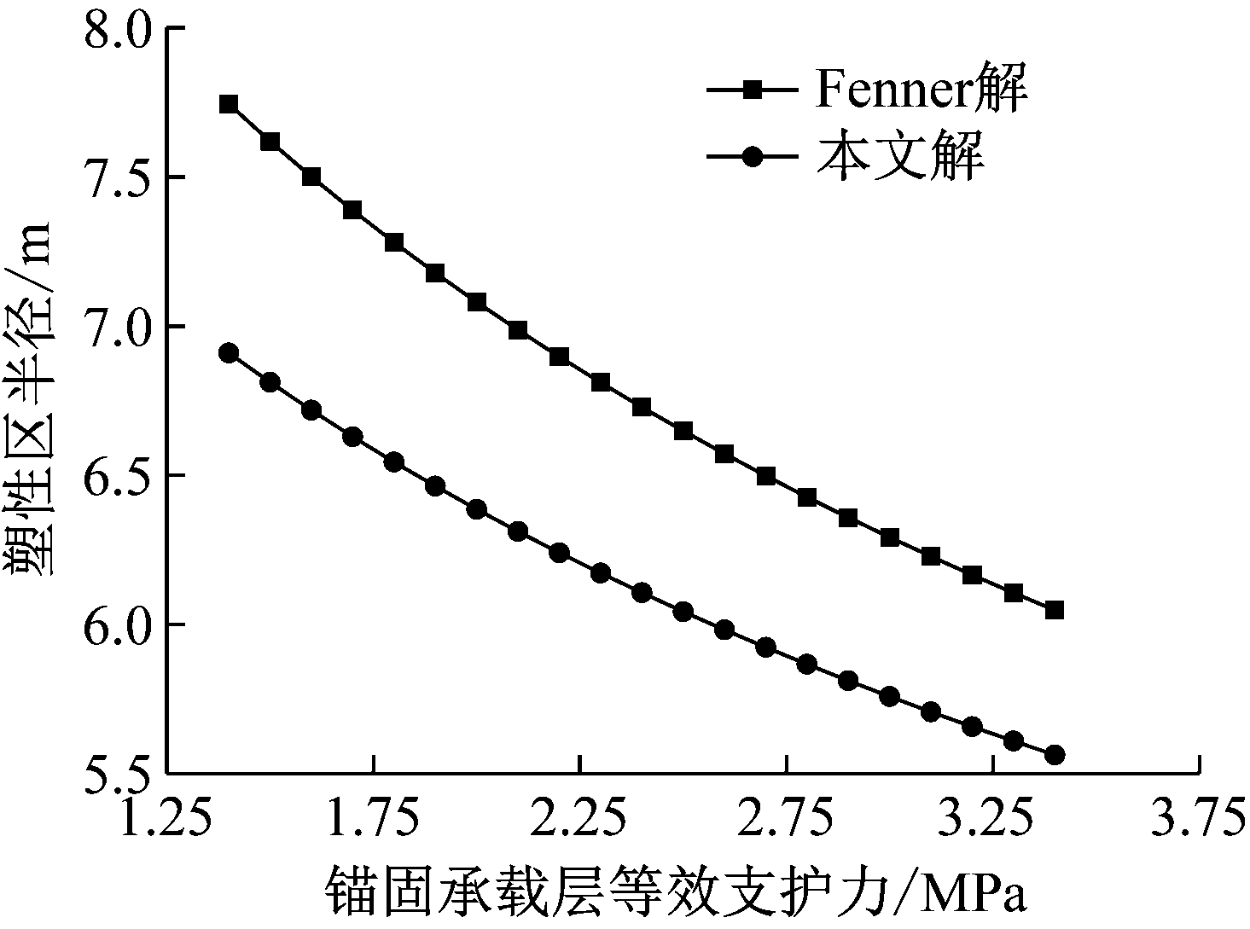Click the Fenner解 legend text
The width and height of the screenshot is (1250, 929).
[921, 90]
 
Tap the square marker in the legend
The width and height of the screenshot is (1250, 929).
[753, 89]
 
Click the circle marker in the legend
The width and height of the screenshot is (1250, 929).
[753, 157]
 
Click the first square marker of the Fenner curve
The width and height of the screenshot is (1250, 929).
[229, 104]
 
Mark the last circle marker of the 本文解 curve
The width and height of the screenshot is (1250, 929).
[1054, 755]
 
